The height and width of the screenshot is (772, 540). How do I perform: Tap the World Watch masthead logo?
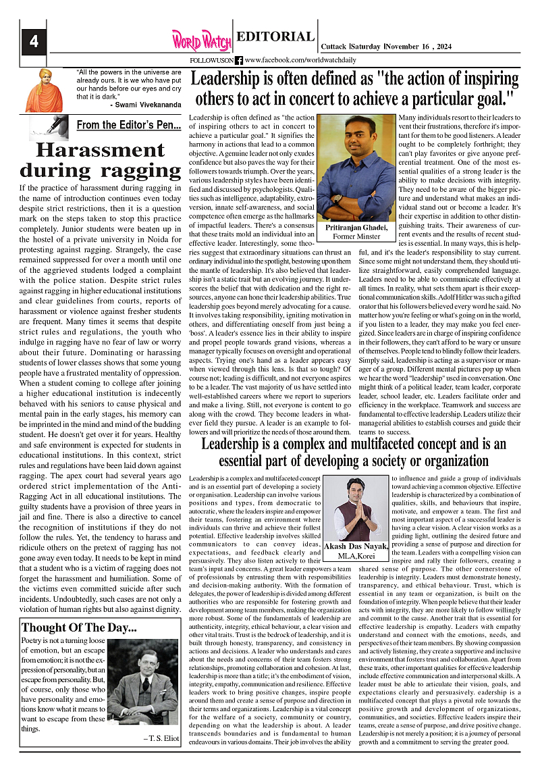(x=200, y=41)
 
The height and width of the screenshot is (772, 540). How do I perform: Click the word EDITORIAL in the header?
(x=276, y=37)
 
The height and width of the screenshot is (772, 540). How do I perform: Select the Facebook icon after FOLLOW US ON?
(x=238, y=61)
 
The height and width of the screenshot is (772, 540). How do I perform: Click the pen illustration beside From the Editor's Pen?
(x=49, y=126)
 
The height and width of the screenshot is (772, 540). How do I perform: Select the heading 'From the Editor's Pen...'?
(x=128, y=125)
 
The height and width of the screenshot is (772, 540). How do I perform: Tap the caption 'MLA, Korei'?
(x=356, y=556)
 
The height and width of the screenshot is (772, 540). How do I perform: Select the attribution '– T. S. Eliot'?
(x=161, y=738)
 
